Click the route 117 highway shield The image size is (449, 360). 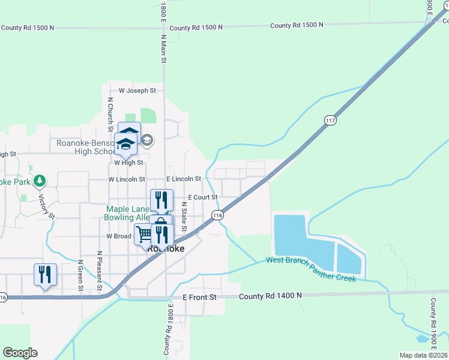330,121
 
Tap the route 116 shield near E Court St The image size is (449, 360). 217,215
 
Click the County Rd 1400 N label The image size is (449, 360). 270,296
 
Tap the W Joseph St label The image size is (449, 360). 137,91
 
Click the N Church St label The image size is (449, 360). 110,115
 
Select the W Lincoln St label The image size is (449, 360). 127,179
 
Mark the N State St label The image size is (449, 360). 184,216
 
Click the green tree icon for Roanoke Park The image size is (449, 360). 40,180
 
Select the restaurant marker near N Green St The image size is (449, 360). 46,274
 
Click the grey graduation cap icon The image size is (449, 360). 148,140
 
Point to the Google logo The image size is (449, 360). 20,353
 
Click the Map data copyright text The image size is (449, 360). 423,355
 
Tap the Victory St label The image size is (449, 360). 47,206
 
